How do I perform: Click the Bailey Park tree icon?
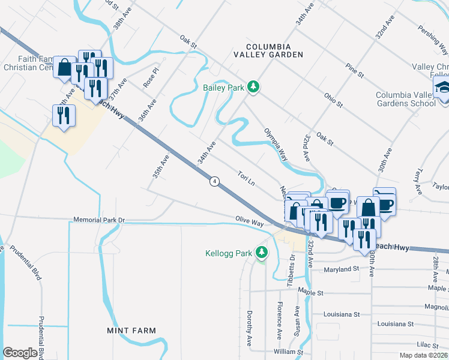[254, 88]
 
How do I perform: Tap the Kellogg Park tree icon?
[261, 253]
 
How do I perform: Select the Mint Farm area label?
[131, 331]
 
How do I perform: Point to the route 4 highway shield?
[214, 181]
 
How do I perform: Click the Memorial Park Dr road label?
[98, 220]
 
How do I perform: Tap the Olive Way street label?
[250, 222]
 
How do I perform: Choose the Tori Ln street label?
[246, 178]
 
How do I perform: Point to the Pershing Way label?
[432, 31]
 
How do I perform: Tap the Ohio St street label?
[333, 100]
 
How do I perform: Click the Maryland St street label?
[341, 269]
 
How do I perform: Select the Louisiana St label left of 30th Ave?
[340, 314]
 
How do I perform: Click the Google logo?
[20, 353]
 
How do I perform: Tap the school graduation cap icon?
[442, 87]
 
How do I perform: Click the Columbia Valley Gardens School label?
[406, 99]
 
